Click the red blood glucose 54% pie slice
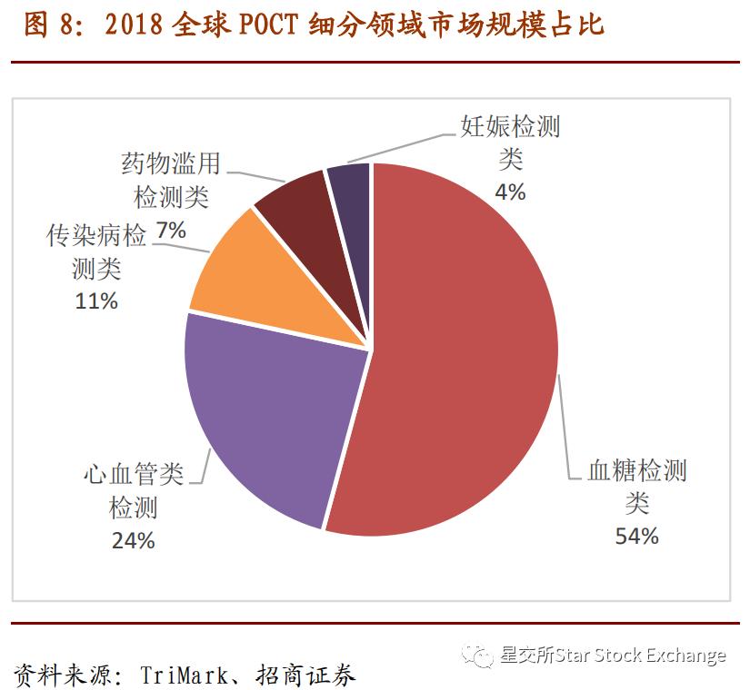point(455,345)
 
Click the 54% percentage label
point(636,536)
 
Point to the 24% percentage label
point(134,541)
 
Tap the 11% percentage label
point(96,301)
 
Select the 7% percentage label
point(171,231)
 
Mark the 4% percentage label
point(510,192)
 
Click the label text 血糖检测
point(636,471)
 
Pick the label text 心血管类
point(134,474)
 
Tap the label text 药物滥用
point(171,163)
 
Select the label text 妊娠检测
point(510,126)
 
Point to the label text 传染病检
point(96,237)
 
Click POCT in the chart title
point(268,25)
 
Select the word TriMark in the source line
point(177,675)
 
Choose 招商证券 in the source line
point(311,675)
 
